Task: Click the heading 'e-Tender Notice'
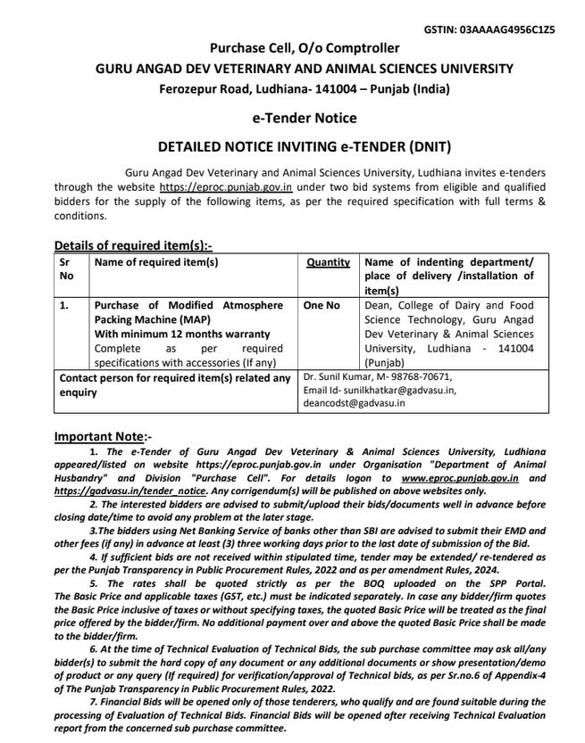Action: click(x=305, y=118)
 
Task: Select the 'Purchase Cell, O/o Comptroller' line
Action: click(x=305, y=48)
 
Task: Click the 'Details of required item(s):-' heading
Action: click(x=133, y=245)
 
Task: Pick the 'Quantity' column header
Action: click(x=328, y=262)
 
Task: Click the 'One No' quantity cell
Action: click(x=322, y=305)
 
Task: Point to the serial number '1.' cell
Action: click(x=64, y=305)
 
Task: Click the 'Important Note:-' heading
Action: click(x=103, y=437)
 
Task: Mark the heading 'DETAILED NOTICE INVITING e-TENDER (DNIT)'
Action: click(x=305, y=146)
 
